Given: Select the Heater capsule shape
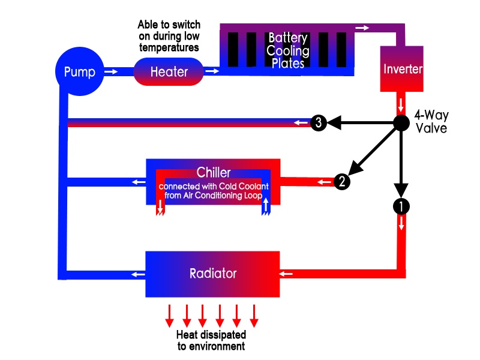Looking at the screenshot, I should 169,72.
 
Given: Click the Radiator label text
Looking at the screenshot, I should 213,274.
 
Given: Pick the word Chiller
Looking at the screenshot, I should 214,173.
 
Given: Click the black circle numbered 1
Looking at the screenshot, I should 401,206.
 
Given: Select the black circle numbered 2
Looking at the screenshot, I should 341,182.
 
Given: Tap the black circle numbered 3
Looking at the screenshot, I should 319,123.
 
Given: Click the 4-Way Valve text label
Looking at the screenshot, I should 431,122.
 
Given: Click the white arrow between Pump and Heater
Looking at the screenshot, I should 111,72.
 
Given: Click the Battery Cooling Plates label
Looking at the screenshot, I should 288,50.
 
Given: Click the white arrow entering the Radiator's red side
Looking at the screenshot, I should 287,274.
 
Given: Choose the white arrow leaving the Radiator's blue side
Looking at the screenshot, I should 139,274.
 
